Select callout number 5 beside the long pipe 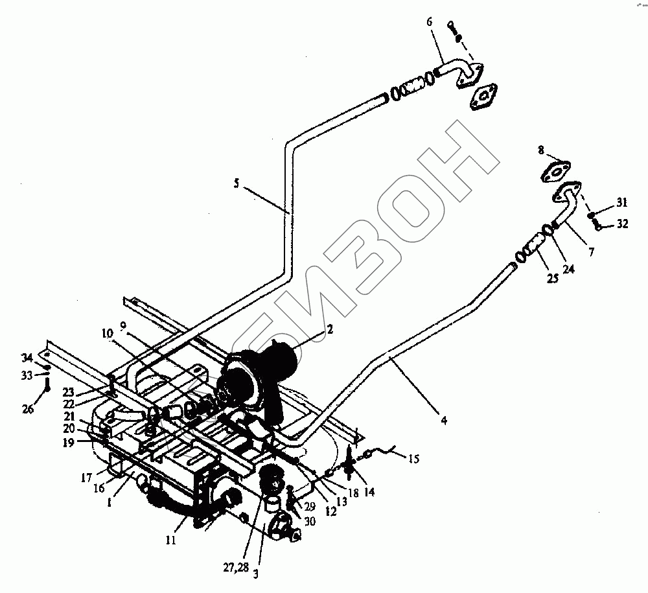pyautogui.click(x=237, y=185)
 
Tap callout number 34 pyautogui.click(x=27, y=358)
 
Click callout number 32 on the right pyautogui.click(x=622, y=224)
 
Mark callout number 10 pyautogui.click(x=106, y=334)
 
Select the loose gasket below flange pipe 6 pyautogui.click(x=483, y=97)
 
